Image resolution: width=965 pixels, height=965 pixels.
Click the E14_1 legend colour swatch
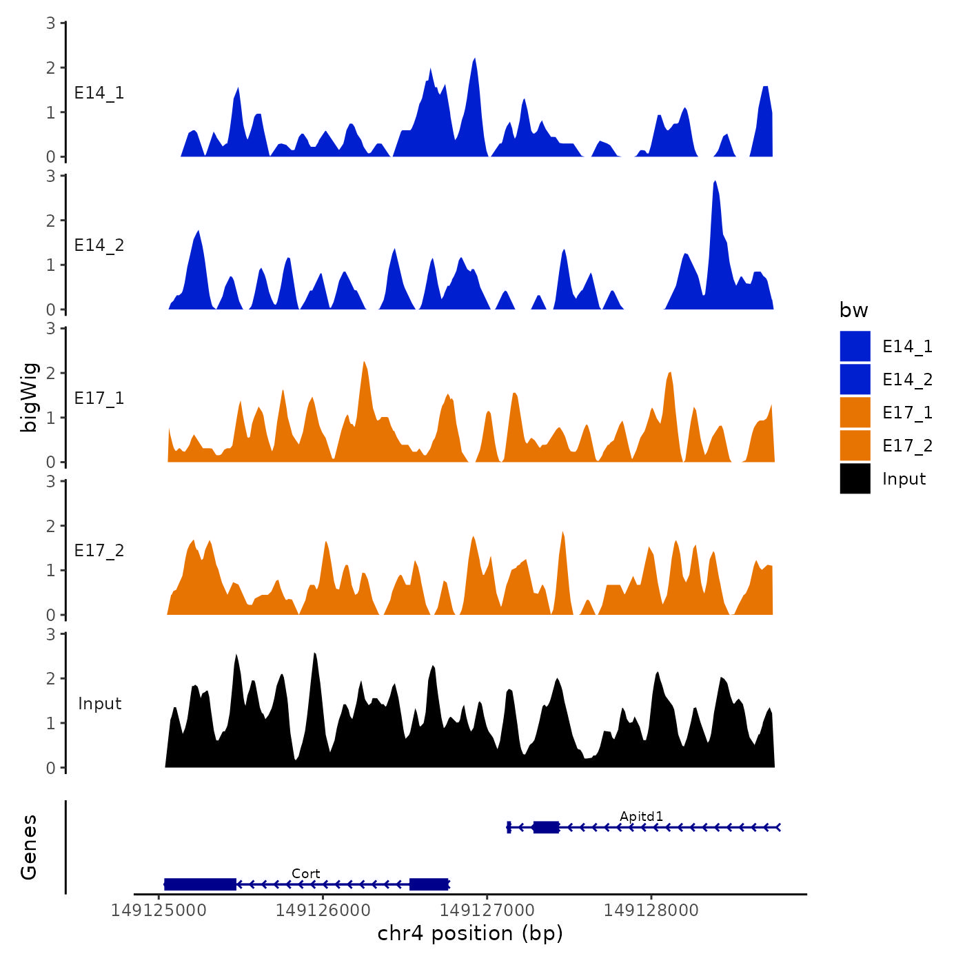855,346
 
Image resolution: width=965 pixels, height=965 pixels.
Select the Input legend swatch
855,478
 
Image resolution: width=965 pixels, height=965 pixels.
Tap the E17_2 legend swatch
855,445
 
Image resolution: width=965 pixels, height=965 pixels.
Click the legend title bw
853,310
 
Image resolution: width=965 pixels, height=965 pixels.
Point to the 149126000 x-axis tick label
323,911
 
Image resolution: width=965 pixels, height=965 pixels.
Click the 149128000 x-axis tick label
651,911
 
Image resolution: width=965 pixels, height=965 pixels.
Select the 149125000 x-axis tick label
159,911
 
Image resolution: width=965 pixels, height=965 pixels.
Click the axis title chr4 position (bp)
470,933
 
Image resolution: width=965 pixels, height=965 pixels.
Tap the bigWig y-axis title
29,398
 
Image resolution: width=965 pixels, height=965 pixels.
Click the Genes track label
29,847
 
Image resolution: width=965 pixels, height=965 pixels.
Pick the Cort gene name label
305,873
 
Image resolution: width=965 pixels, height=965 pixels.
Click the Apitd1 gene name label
641,816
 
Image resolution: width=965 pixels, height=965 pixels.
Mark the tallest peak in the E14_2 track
715,182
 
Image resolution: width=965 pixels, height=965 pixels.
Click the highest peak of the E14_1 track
474,60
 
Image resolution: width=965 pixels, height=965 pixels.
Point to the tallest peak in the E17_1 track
364,363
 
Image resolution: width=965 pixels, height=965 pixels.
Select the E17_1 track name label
99,398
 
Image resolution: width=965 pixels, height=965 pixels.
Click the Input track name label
99,703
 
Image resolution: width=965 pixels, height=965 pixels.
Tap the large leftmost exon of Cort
201,884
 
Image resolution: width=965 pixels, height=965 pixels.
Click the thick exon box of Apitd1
546,827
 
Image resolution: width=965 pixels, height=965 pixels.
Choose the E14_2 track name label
99,245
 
